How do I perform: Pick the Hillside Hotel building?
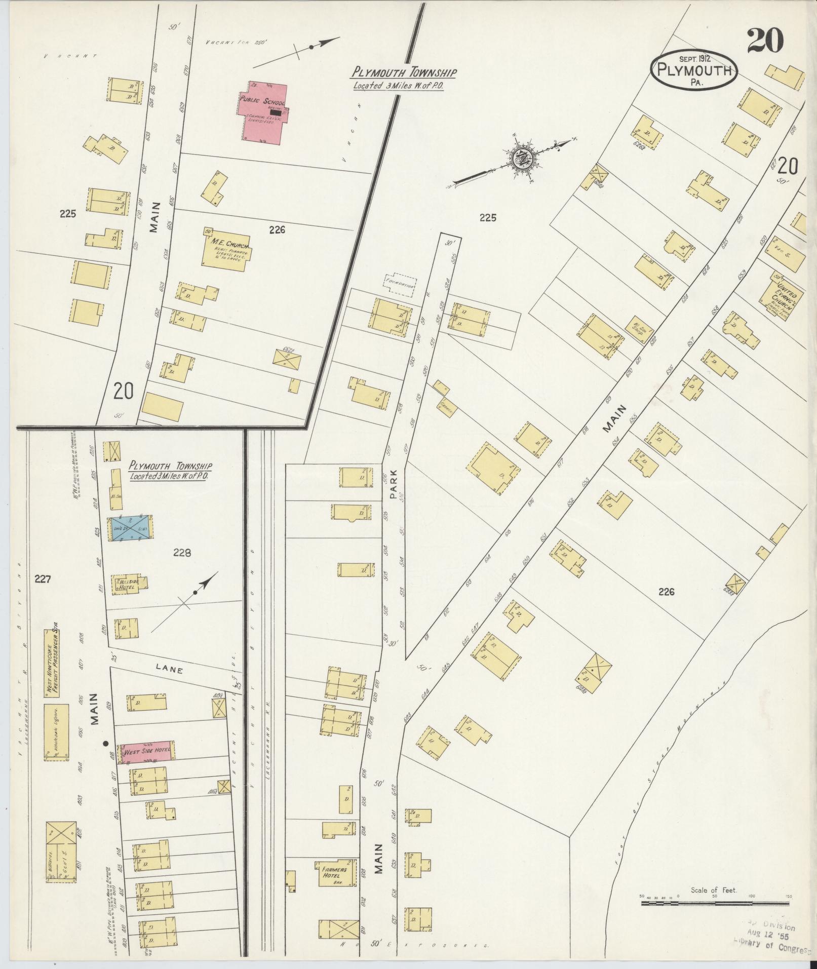[130, 584]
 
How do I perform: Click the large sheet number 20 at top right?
[765, 41]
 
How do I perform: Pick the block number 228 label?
[181, 554]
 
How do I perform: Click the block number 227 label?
[43, 578]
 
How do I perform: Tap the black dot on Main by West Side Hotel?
[106, 744]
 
